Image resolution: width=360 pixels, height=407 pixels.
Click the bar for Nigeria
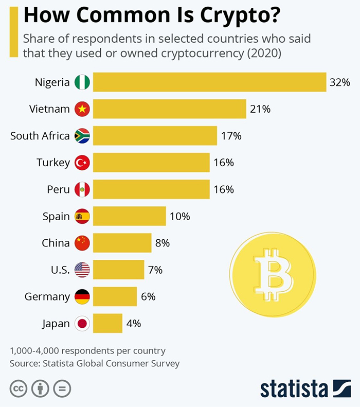coord(209,82)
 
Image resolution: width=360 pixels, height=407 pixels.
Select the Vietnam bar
coord(169,109)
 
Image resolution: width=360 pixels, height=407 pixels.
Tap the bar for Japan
coord(107,324)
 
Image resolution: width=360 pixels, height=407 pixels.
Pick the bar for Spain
coord(129,216)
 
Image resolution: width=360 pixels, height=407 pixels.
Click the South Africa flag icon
coord(82,136)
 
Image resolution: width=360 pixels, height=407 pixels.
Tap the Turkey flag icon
coord(82,163)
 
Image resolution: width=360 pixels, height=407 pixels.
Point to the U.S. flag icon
coord(82,270)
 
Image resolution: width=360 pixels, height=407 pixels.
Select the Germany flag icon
coord(82,296)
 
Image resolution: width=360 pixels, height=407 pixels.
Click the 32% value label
coord(339,82)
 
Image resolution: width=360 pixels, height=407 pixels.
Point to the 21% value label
coord(260,109)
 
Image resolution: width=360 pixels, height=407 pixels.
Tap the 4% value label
coord(133,324)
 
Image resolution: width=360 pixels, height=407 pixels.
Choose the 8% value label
coord(162,243)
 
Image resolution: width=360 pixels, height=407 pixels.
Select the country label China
coord(56,243)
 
